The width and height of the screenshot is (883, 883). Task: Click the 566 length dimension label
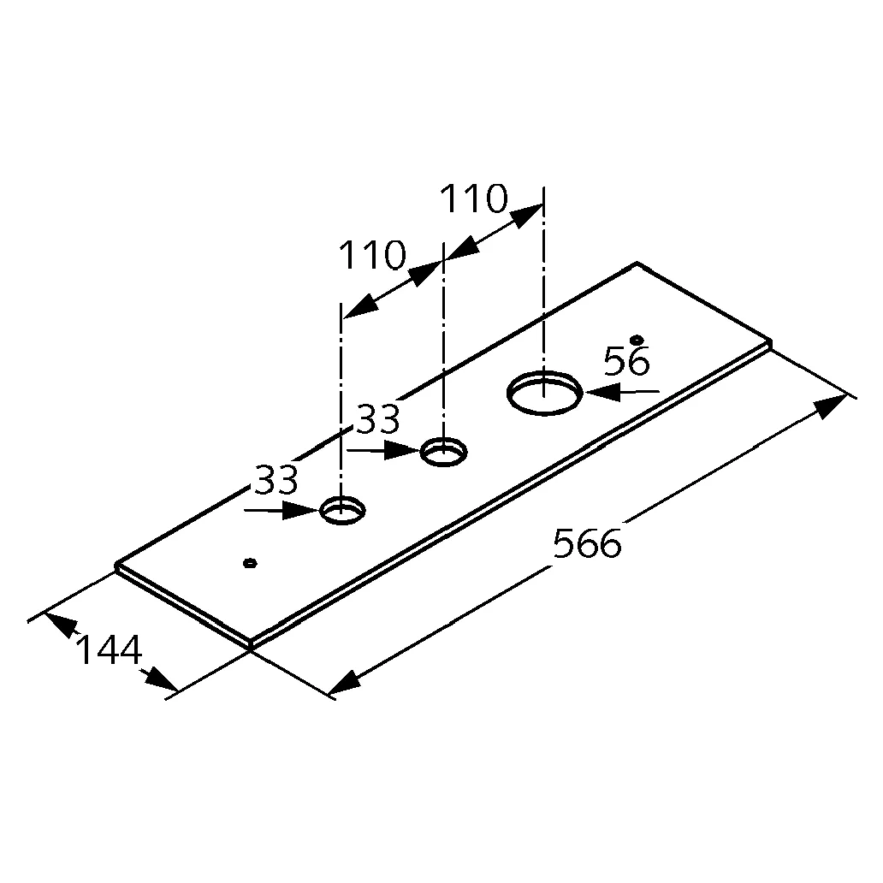tap(587, 543)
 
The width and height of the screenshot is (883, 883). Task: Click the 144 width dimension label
tap(109, 650)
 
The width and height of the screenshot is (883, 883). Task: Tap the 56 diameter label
tap(627, 361)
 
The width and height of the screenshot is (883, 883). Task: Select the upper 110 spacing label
tap(474, 199)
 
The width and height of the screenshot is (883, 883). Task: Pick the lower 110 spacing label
tap(372, 255)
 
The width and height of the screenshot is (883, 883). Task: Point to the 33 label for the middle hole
tap(379, 419)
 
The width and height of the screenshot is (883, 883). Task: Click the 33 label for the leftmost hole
tap(276, 480)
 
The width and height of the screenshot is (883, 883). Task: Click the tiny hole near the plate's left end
tap(250, 563)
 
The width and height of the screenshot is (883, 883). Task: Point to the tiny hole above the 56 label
tap(637, 339)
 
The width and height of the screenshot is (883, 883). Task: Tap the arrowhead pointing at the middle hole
tap(403, 451)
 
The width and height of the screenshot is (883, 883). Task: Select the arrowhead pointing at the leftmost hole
tap(301, 510)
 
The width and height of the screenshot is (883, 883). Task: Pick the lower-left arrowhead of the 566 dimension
tap(343, 683)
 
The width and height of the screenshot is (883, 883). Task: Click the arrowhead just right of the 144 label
tap(162, 679)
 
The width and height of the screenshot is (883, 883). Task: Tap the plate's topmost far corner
tap(637, 263)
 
